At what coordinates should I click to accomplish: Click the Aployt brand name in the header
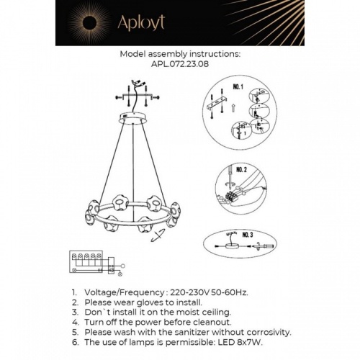[x=143, y=22]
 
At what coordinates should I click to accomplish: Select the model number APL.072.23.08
[x=179, y=63]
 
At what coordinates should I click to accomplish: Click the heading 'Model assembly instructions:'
[x=179, y=53]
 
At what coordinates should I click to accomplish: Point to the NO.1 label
[x=239, y=88]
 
